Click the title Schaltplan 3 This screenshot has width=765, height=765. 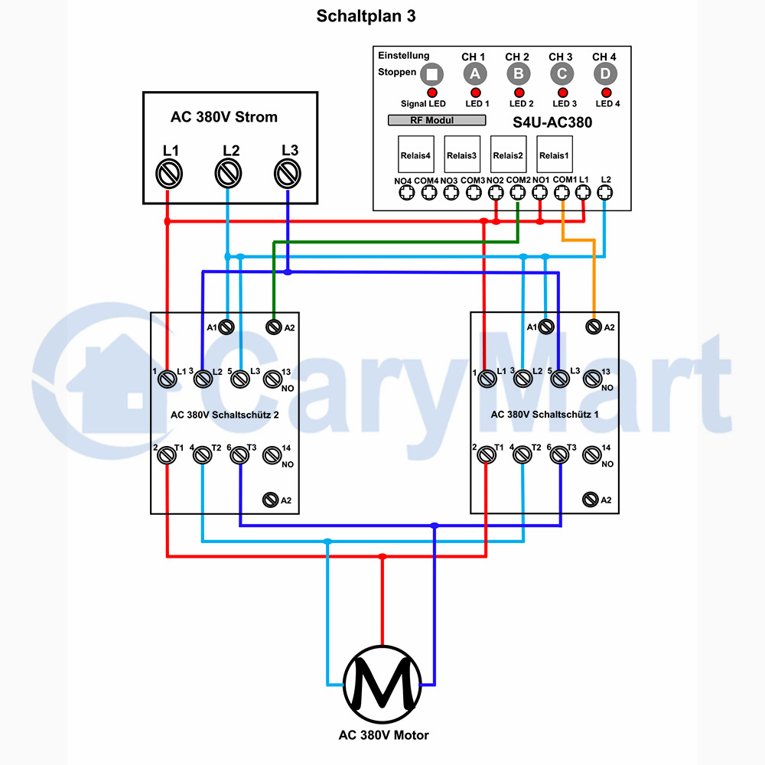click(x=366, y=16)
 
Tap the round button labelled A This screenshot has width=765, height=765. click(x=475, y=74)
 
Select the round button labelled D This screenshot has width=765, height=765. click(x=605, y=74)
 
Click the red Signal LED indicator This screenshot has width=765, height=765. click(x=431, y=93)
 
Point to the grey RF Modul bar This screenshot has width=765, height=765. click(x=437, y=120)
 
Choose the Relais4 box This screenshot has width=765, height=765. click(x=415, y=155)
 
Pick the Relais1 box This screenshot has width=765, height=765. click(x=554, y=155)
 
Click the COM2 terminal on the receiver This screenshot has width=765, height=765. click(x=518, y=193)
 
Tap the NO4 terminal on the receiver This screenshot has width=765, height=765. click(x=407, y=194)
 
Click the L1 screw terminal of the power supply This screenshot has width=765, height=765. click(x=169, y=174)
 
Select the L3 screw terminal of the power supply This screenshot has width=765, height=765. click(x=288, y=174)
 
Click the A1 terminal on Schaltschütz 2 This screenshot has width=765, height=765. click(x=226, y=327)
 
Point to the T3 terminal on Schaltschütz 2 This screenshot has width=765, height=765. click(x=239, y=455)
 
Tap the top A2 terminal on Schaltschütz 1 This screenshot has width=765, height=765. click(x=594, y=327)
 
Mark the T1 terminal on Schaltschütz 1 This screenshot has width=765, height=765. click(x=487, y=454)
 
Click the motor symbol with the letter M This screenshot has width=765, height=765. click(x=382, y=684)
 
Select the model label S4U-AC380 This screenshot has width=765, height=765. click(x=552, y=122)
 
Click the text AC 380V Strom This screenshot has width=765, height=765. click(x=224, y=117)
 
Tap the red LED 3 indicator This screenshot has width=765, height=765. click(x=562, y=93)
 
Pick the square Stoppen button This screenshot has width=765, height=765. click(x=431, y=74)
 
